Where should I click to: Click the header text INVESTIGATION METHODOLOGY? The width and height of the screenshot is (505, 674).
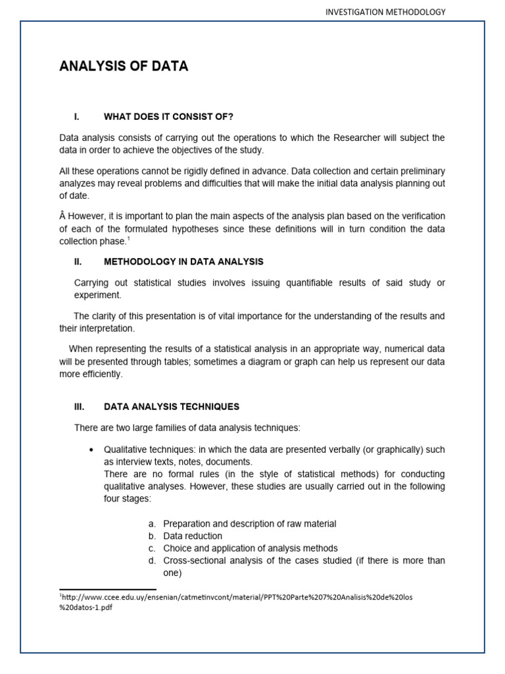(x=385, y=12)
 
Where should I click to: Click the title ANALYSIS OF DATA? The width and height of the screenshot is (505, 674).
(x=124, y=66)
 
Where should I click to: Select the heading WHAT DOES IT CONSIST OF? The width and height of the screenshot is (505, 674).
(x=168, y=117)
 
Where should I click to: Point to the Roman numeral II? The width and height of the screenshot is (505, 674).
(x=78, y=262)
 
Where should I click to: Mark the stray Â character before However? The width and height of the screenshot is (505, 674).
(x=62, y=217)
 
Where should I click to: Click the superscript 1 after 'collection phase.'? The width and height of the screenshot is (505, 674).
(x=128, y=240)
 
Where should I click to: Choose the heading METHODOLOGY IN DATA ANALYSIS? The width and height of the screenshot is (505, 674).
(x=183, y=262)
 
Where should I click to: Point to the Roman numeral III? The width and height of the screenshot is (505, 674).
(x=79, y=407)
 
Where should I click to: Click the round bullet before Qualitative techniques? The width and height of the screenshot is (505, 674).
(x=91, y=450)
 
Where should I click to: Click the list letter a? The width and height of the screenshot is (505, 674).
(x=152, y=524)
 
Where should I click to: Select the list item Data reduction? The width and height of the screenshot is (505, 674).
(x=193, y=536)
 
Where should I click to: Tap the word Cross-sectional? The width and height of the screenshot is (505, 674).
(x=197, y=561)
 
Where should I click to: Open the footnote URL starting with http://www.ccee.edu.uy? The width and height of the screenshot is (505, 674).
(x=236, y=597)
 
